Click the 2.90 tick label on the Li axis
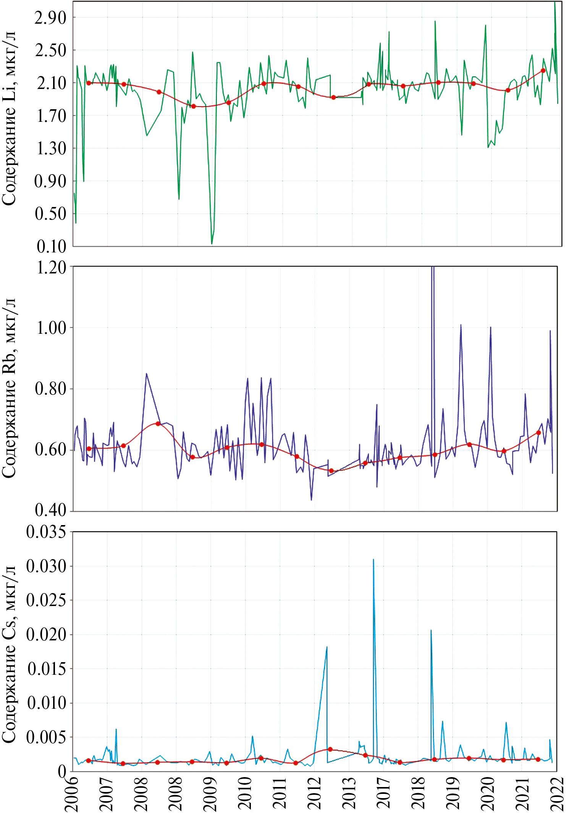(50, 18)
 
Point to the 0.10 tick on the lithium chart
(51, 246)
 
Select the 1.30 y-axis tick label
(51, 149)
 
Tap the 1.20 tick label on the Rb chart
(51, 268)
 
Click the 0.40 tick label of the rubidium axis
(50, 510)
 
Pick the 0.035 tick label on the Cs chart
(46, 532)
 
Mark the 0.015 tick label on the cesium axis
(47, 669)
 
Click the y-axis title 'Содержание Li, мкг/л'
(9, 118)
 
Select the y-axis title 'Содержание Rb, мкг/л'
(9, 388)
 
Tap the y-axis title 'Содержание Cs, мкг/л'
(9, 655)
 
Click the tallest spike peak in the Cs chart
(373, 560)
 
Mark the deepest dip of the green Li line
(212, 243)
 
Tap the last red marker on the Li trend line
(543, 71)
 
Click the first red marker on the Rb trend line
(89, 449)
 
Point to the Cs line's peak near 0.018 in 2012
(327, 647)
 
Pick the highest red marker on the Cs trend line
(330, 749)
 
